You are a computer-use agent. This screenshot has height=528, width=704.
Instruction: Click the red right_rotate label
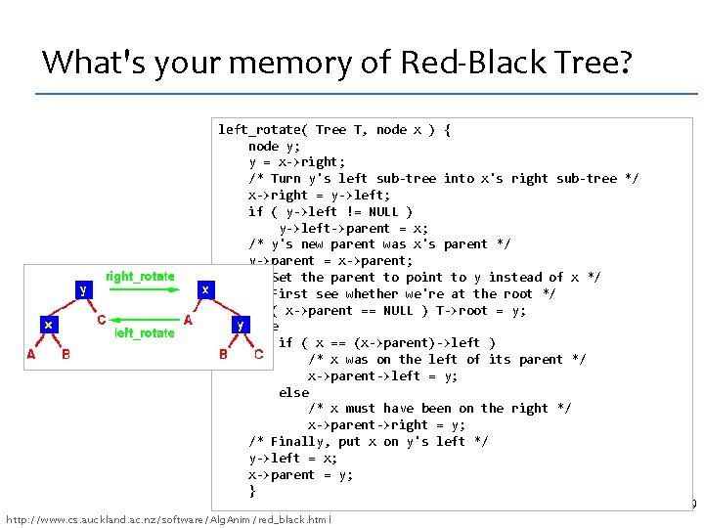coord(140,277)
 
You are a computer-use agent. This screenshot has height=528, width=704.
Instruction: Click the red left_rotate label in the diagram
coord(145,333)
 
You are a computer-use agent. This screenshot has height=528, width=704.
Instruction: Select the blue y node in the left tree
coord(84,289)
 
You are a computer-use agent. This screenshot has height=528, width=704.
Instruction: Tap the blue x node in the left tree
coord(48,324)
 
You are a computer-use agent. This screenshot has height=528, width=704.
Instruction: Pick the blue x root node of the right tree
coord(204,290)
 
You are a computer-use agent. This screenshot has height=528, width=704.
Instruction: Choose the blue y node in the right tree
coord(240,324)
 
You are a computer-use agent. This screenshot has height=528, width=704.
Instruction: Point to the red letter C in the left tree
coord(101,320)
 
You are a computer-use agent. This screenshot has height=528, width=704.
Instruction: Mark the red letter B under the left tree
coord(66,355)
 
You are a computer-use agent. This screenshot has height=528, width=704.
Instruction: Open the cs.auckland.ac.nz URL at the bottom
coord(168,518)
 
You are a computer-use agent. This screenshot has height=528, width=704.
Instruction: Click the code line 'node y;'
coord(279,146)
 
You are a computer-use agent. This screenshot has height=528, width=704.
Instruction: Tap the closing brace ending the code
coord(252,491)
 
